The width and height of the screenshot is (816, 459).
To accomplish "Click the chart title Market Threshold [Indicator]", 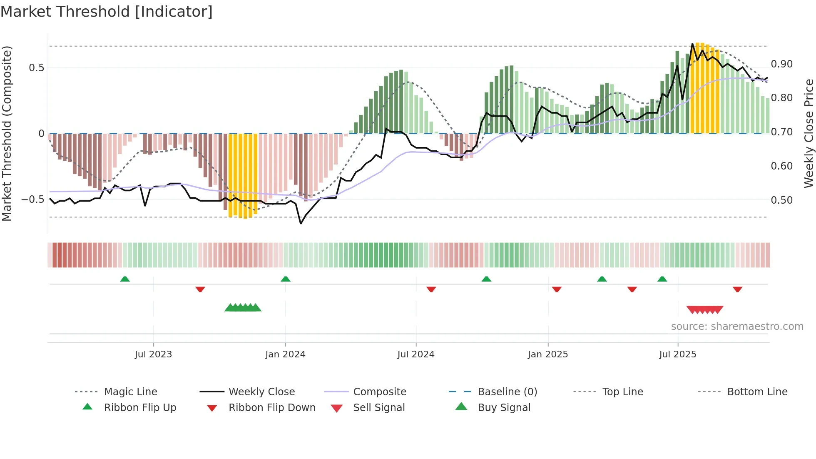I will [x=107, y=12].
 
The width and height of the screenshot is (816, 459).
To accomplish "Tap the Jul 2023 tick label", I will [x=153, y=354].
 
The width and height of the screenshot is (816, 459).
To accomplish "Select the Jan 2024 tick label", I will [x=285, y=354].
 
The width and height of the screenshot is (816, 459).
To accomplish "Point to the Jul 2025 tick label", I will [x=677, y=354].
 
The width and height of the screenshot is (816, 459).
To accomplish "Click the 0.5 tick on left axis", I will [x=36, y=67].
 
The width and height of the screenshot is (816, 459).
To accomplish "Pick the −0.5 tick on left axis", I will [x=33, y=199].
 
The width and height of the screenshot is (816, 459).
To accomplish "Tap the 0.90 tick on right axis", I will [x=781, y=64].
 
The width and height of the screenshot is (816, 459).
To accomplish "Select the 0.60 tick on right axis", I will [x=781, y=166].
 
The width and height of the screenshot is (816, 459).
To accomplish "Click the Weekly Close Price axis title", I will [x=808, y=133].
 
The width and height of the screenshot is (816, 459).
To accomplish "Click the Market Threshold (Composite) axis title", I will [x=7, y=133].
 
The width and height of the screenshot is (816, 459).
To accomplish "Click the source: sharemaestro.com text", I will [x=737, y=326].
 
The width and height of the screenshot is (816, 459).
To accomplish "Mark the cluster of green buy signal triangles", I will [x=243, y=308].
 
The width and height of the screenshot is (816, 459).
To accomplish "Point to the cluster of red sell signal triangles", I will [x=704, y=309].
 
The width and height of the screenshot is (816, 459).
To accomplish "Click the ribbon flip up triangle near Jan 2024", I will [x=285, y=279].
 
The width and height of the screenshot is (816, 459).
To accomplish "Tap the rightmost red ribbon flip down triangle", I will [x=737, y=289].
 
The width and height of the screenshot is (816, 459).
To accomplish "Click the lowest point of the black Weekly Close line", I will [x=301, y=224].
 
